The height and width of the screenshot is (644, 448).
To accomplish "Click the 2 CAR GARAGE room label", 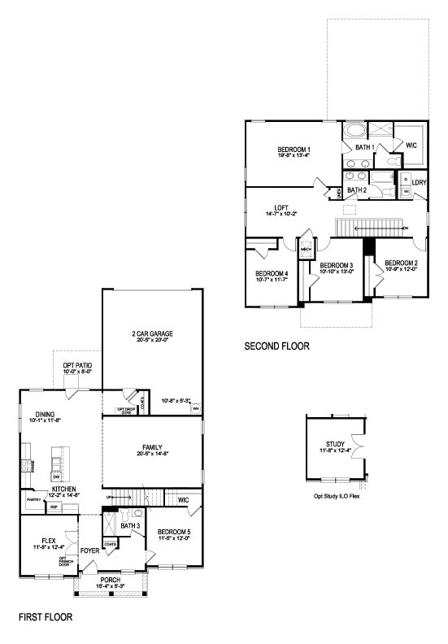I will point(153,334).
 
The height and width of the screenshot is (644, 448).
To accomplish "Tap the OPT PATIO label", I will point(77,365).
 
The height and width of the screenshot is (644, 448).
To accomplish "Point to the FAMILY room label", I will point(152,447).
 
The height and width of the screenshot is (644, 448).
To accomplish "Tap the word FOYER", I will point(90,550).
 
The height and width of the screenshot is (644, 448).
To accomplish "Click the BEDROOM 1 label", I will point(294,150).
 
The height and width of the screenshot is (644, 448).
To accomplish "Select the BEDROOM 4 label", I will point(271,273).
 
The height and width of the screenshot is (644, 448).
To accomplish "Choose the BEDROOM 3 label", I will point(335,266).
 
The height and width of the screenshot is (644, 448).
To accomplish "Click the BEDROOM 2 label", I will point(401,263).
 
